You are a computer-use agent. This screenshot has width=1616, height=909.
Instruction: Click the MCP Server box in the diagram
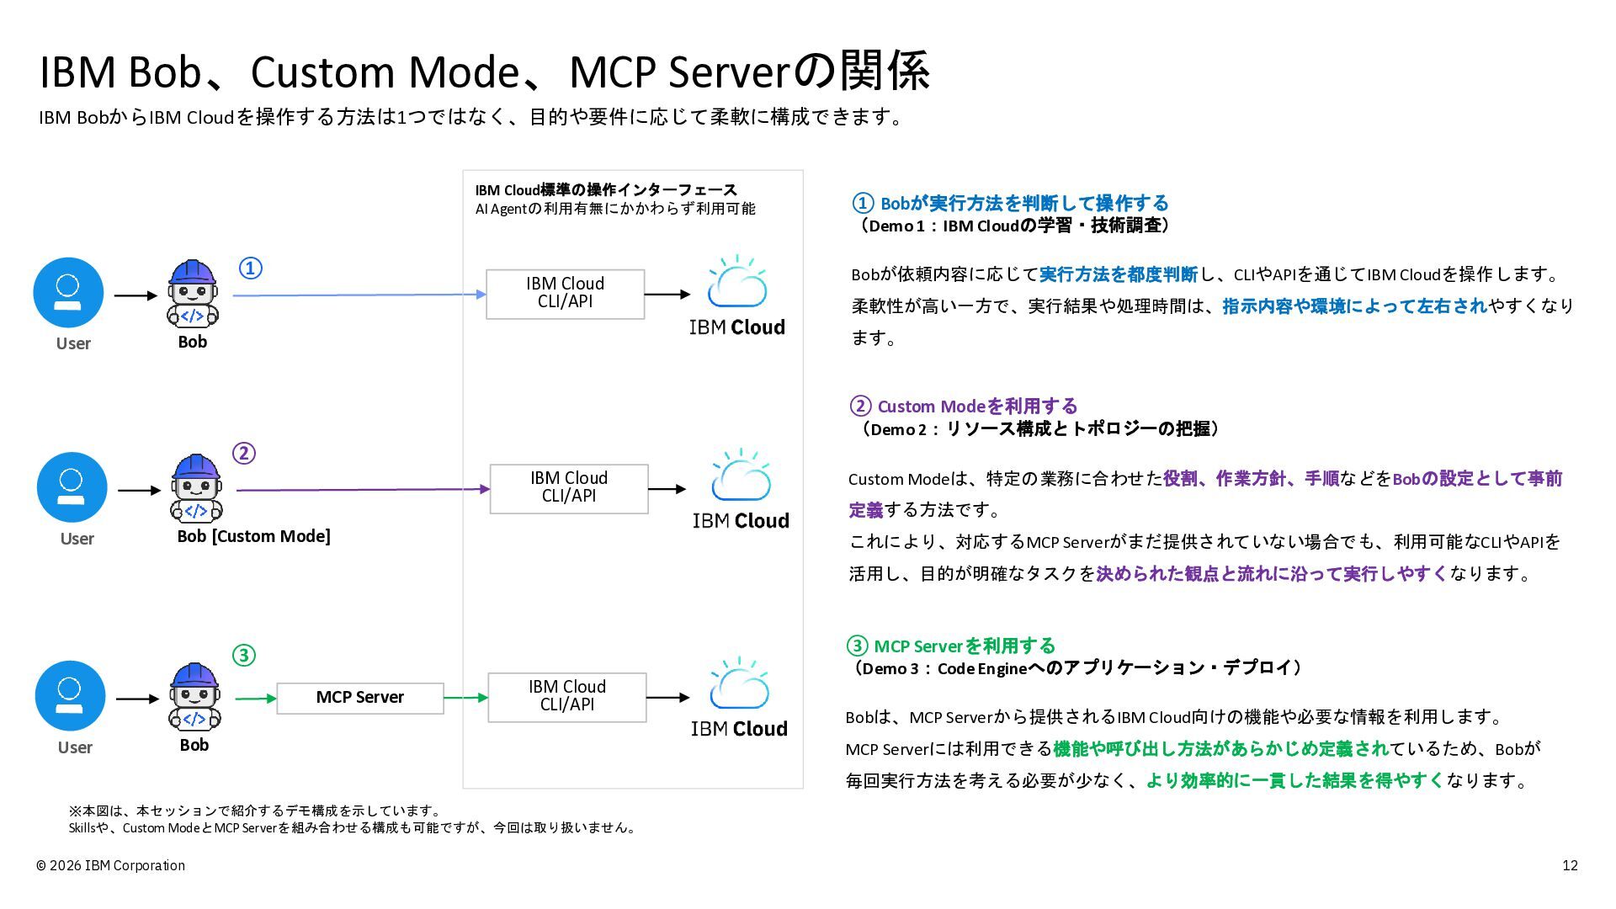[360, 698]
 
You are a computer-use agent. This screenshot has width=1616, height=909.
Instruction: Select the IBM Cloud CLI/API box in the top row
[566, 294]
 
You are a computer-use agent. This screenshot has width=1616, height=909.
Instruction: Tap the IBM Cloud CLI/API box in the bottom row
[567, 697]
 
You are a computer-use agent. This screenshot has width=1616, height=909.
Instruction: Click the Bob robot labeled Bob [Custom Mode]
[196, 488]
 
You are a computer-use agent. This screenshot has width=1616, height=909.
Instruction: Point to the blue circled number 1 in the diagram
[251, 268]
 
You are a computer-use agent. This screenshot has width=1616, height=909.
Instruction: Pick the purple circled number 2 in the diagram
[243, 454]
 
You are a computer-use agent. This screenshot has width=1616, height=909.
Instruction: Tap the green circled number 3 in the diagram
[243, 655]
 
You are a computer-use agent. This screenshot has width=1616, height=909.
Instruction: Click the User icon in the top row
[68, 292]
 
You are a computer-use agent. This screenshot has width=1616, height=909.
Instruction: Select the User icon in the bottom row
[71, 696]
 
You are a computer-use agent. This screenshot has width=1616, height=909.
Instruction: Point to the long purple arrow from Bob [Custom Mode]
[364, 489]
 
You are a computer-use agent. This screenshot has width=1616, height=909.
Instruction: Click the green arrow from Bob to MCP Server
[256, 698]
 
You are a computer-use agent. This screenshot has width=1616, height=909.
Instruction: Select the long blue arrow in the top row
[359, 295]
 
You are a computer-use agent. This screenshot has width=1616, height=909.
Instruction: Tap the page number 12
[1570, 865]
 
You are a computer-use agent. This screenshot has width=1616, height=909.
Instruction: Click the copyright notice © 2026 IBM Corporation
[110, 865]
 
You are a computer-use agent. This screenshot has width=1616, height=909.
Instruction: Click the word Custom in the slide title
[323, 72]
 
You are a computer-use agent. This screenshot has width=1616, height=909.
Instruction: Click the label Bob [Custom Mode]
[253, 536]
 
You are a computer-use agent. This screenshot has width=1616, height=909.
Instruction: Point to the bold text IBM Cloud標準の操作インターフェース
[606, 189]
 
